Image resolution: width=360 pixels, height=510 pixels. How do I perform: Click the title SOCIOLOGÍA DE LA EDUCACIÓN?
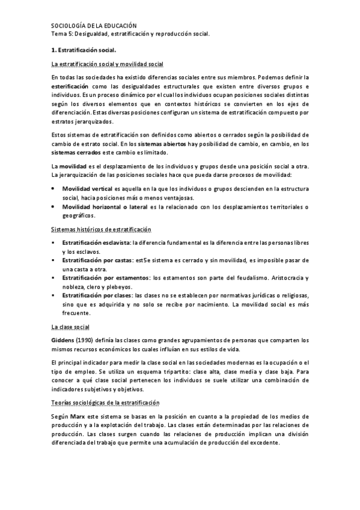click(x=94, y=26)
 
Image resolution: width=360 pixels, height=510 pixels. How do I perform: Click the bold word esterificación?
click(x=73, y=87)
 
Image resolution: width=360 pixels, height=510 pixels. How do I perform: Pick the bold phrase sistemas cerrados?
click(x=76, y=153)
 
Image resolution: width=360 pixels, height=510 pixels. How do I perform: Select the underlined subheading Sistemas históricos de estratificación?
click(x=102, y=230)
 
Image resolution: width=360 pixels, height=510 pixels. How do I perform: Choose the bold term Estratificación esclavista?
click(x=96, y=243)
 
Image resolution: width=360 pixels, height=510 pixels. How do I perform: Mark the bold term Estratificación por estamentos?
click(x=106, y=278)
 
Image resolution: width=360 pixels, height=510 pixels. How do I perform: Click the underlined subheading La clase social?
click(x=71, y=327)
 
